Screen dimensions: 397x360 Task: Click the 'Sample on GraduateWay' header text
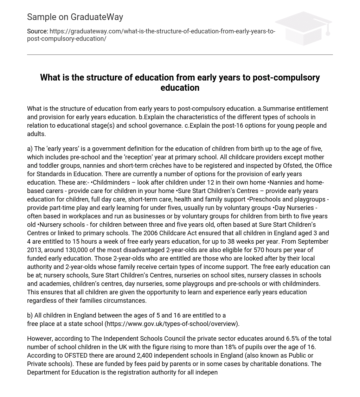click(75, 17)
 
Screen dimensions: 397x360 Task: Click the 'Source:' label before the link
click(37, 31)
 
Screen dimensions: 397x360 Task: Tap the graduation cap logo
click(303, 28)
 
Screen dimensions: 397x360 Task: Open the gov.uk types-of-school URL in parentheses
click(172, 324)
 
